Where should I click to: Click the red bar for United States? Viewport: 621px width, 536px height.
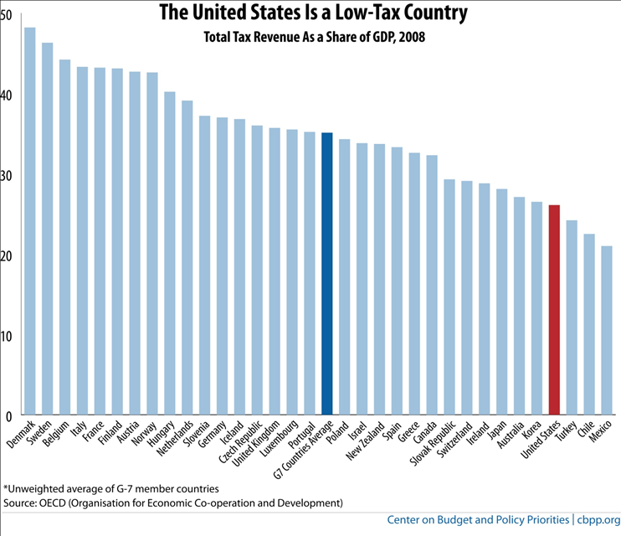point(554,310)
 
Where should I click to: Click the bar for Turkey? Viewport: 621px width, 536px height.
point(572,317)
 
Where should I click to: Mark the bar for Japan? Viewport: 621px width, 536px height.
point(502,301)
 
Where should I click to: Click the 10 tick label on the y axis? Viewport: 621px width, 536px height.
point(6,335)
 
